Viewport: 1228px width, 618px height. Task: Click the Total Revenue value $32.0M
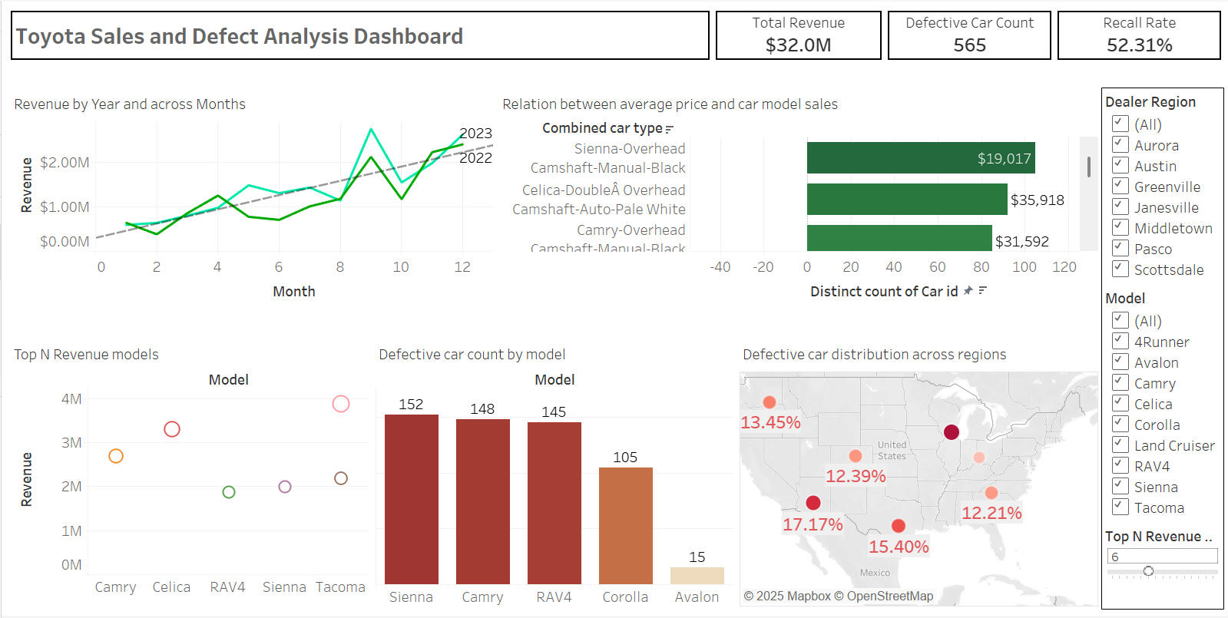tap(798, 45)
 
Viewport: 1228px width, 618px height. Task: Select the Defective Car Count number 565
tap(969, 45)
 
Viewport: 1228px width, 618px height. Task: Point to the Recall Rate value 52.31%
tap(1139, 45)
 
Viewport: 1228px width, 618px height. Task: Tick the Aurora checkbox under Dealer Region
tap(1120, 144)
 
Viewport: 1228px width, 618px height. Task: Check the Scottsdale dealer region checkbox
tap(1120, 269)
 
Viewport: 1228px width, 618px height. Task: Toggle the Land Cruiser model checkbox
tap(1120, 444)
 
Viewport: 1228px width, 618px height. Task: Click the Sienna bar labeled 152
tap(411, 499)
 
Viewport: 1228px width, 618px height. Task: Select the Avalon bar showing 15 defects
tap(697, 576)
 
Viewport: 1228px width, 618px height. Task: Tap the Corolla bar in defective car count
tap(625, 525)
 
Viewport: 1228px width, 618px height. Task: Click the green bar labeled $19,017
tap(920, 158)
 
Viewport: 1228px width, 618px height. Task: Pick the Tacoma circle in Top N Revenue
tap(341, 404)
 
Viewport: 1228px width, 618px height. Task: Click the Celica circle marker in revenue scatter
tap(172, 429)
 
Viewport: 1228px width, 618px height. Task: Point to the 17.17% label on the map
tap(813, 525)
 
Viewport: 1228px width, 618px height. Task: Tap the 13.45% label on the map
tap(770, 422)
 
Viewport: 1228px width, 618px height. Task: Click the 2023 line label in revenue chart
tap(475, 134)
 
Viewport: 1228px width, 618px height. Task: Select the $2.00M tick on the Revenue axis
tap(65, 163)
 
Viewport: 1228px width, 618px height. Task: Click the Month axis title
tap(294, 292)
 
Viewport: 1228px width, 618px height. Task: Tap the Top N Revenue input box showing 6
tap(1162, 557)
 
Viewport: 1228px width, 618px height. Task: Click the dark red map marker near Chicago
tap(952, 432)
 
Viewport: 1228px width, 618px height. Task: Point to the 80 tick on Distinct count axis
tap(981, 267)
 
